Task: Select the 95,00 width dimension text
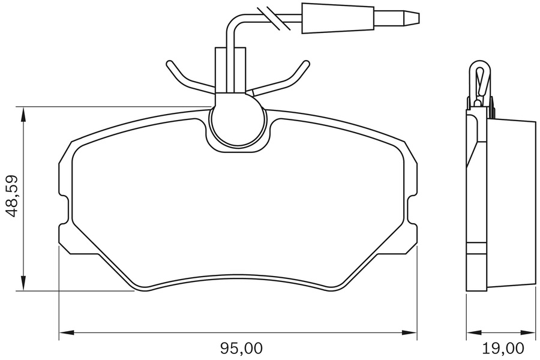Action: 242,347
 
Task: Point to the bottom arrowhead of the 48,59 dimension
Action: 23,285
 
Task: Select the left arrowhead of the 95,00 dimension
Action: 64,332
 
